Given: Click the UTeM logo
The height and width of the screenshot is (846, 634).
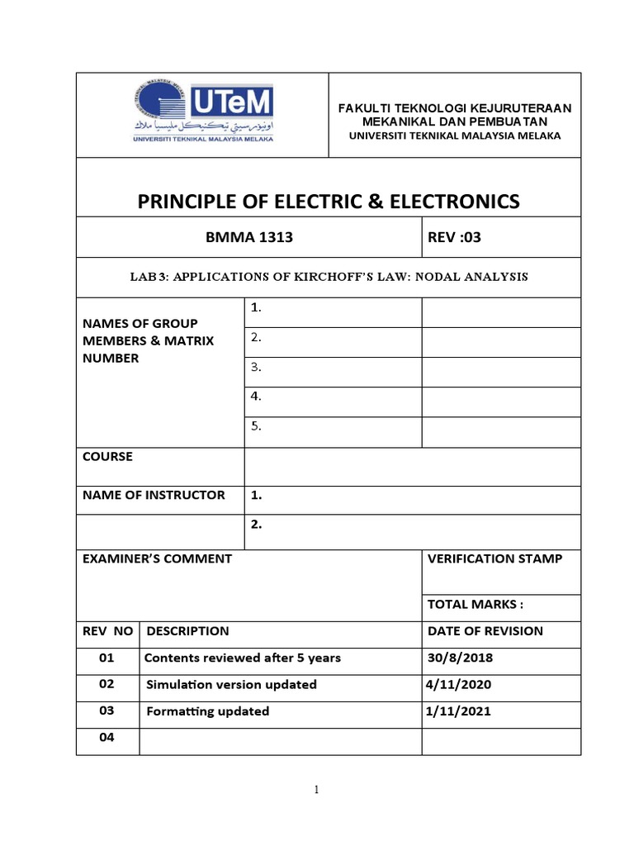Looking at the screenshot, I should point(201,115).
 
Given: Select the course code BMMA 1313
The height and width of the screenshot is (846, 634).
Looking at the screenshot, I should point(248,238).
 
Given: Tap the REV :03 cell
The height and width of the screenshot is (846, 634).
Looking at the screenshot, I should point(453,238).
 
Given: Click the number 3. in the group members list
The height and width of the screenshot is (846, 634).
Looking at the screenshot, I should point(256,366).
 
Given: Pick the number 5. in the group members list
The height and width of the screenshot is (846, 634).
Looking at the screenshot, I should point(256,426).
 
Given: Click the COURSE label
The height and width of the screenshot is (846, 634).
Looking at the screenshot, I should point(107,456).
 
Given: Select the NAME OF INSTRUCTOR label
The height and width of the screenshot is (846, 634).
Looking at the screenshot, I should point(154,495).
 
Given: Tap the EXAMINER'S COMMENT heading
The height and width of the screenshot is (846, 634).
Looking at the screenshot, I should point(157,558).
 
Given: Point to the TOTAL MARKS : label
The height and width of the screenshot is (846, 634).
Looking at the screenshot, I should point(475,604).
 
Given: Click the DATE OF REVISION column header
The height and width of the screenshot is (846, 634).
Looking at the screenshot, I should point(485,631).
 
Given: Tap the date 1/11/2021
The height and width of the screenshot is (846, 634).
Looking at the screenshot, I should point(458,711).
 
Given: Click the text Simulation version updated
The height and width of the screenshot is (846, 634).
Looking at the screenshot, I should point(231,684).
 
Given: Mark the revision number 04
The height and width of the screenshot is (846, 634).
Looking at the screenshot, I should point(106,738).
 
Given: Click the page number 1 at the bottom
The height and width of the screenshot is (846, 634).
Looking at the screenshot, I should point(316,790).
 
